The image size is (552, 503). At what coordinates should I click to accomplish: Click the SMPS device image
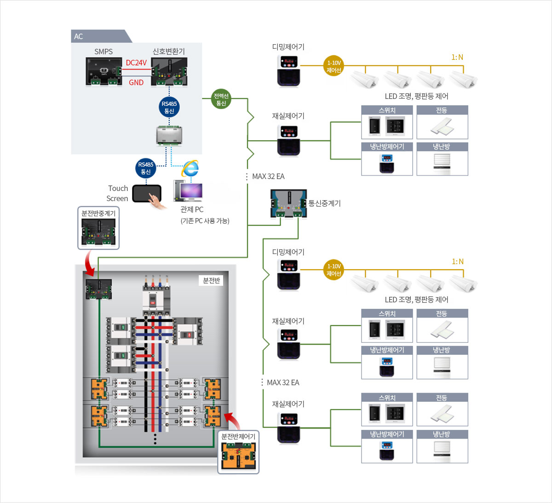coord(103,72)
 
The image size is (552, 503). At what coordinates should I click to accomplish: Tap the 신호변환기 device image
coord(169,72)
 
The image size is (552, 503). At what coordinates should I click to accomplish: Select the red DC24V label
coord(136,63)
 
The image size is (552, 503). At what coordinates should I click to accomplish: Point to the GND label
coord(136,83)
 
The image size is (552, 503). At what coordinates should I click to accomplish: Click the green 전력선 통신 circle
coord(221,99)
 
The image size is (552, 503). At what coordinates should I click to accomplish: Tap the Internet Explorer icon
coord(190,168)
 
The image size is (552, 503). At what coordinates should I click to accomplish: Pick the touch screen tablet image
coord(147,194)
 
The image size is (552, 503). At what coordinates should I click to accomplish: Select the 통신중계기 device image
coord(288,203)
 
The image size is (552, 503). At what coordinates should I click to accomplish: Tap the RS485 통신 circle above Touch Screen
coord(146,168)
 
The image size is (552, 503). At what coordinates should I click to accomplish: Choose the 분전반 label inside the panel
coord(212,280)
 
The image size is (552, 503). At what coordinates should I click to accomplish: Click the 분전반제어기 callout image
coord(238,456)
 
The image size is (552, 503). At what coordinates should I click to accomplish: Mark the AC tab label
coord(79,36)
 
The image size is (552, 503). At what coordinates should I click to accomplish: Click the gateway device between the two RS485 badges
coord(169,135)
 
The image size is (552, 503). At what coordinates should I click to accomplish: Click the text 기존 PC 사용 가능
coord(205,221)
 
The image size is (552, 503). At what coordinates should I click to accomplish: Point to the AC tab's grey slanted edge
coord(127,36)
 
